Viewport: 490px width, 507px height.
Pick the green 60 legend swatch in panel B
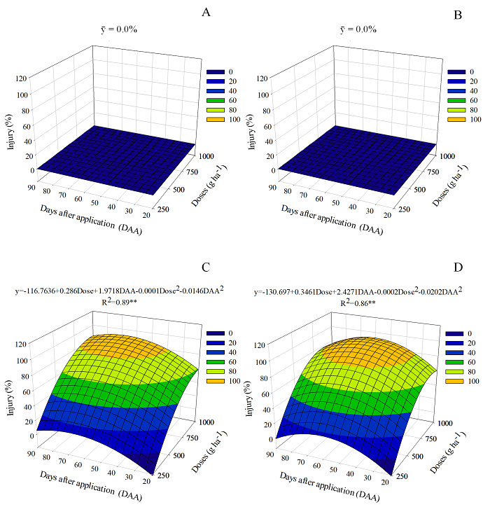456,101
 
